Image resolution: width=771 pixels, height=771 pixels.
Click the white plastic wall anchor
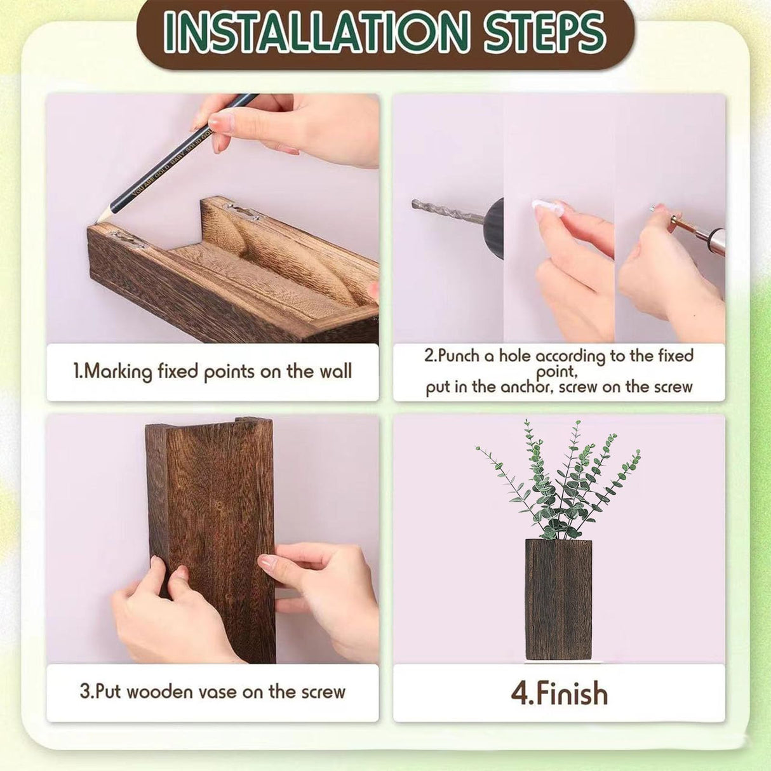click(x=546, y=207)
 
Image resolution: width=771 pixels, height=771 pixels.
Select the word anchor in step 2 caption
click(x=528, y=387)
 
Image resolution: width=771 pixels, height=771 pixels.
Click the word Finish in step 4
click(x=572, y=694)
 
